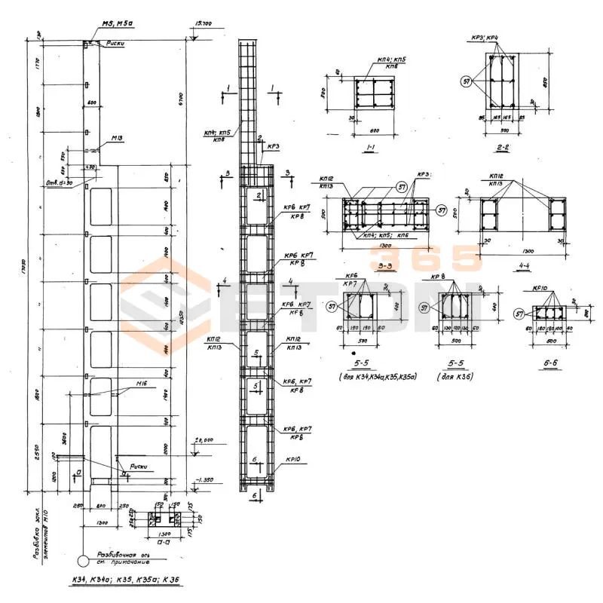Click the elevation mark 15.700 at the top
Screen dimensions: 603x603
pyautogui.click(x=203, y=25)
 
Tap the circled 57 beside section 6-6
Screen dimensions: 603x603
pyautogui.click(x=519, y=314)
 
